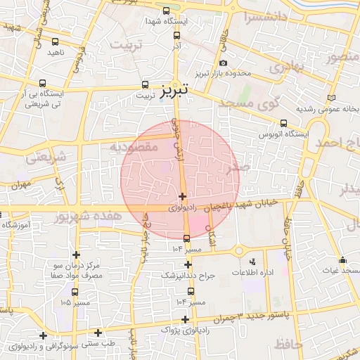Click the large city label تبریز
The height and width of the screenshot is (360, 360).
[173, 91]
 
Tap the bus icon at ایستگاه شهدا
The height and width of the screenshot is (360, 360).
[166, 11]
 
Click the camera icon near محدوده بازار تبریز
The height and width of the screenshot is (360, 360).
[224, 63]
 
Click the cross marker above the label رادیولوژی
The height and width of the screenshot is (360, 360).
[183, 197]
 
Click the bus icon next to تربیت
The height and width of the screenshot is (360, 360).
[146, 84]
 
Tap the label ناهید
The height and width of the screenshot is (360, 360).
[56, 52]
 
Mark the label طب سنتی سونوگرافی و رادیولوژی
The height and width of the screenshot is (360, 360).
[61, 345]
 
